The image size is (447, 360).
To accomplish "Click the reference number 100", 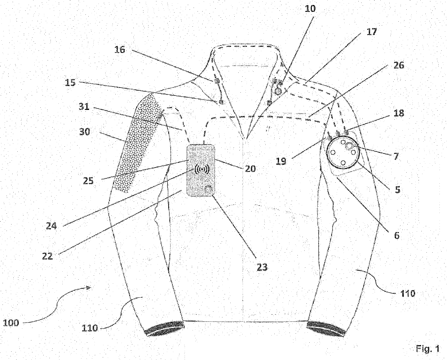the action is (x=11, y=323).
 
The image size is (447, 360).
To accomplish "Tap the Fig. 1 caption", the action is (x=428, y=348).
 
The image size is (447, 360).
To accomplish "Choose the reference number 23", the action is (x=262, y=267).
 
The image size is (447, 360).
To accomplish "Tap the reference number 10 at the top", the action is (x=310, y=9).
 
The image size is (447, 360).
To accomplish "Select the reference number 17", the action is (x=371, y=32).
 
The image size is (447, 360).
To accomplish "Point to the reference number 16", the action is (x=120, y=49).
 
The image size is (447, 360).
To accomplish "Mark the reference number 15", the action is (x=70, y=83).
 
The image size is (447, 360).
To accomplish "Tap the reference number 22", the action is (x=47, y=256).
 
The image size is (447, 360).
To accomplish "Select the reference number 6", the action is (x=397, y=236).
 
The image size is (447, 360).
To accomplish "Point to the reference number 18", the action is (x=399, y=113).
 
